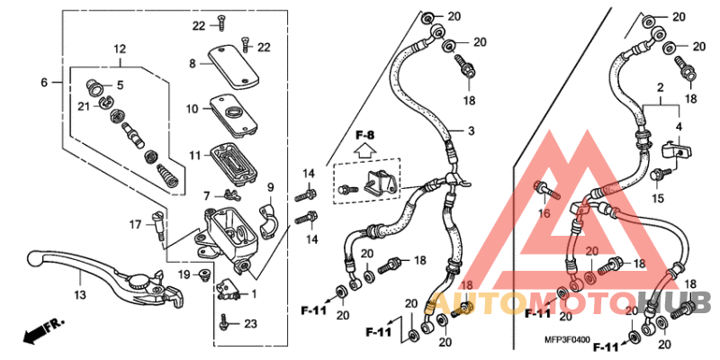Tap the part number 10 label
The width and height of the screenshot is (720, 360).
(x=193, y=109)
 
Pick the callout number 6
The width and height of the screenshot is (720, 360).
(x=43, y=83)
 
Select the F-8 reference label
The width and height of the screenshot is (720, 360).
(x=364, y=136)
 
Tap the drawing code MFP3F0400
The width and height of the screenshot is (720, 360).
(x=565, y=340)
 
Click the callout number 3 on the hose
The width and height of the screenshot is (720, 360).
(x=470, y=131)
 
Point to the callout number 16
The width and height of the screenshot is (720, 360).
(x=544, y=213)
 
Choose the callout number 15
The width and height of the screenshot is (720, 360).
(x=658, y=198)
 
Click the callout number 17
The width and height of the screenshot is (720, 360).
(x=134, y=224)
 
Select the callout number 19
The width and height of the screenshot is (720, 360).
(x=183, y=274)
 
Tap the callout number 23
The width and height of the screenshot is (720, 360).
(x=250, y=324)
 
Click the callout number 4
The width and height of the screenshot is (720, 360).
(x=679, y=127)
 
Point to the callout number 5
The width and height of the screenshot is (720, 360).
(x=120, y=85)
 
